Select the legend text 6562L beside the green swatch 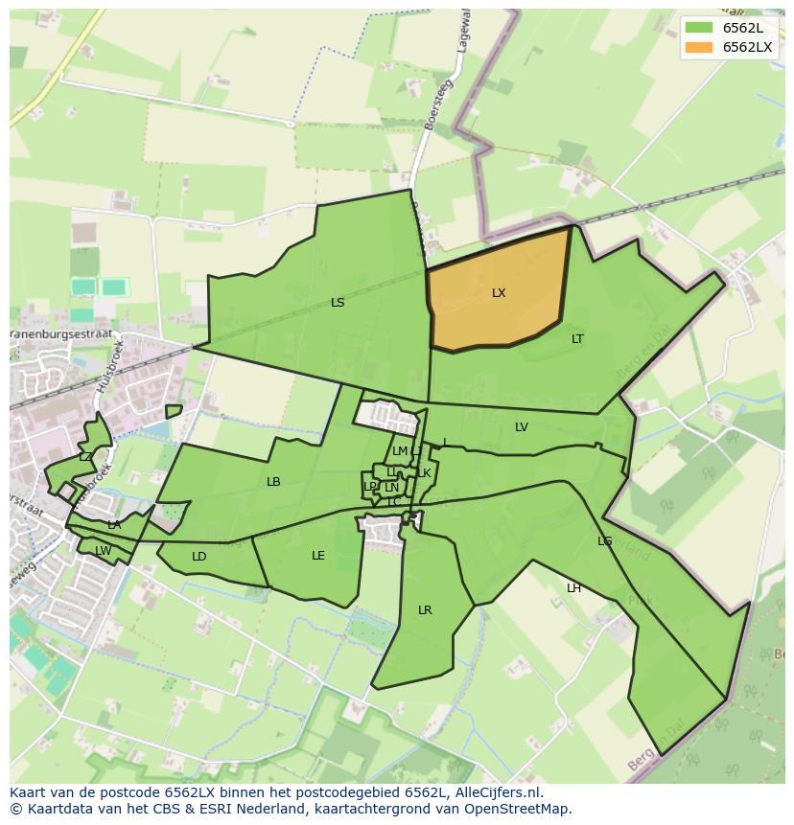point(743,28)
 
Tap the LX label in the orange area point(499,293)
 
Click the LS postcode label point(338,303)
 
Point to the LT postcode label point(577,339)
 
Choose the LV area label point(522,427)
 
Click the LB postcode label point(273,482)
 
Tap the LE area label point(318,556)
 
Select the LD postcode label point(198,557)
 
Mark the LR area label point(425,610)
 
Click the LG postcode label point(604,541)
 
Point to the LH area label point(573,588)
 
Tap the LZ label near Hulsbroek point(85,457)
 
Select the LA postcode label point(114,525)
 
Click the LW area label point(103,550)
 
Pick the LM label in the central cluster point(400,451)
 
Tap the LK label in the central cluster point(424,473)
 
